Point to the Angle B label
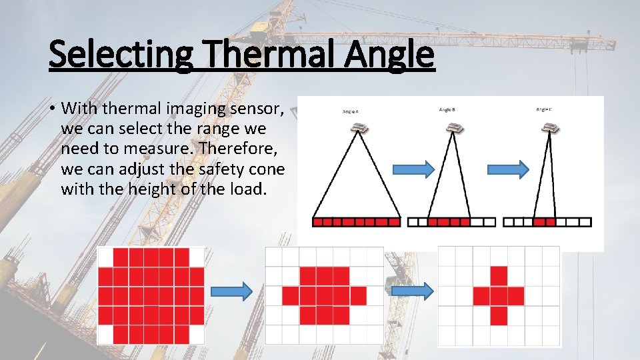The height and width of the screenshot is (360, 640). (447, 109)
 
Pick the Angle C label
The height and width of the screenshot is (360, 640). (544, 109)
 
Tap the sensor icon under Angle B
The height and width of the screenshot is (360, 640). (455, 127)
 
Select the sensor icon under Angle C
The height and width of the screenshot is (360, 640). (550, 126)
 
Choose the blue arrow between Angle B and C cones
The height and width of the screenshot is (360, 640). (515, 169)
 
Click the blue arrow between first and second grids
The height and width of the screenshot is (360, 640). (231, 291)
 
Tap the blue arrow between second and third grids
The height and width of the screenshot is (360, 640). (412, 291)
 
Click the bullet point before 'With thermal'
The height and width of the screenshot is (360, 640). (51, 108)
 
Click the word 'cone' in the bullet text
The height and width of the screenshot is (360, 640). (264, 169)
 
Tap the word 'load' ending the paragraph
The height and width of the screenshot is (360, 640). (249, 190)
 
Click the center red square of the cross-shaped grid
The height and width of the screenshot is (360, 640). (499, 296)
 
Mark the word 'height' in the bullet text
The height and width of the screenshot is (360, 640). (140, 190)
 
